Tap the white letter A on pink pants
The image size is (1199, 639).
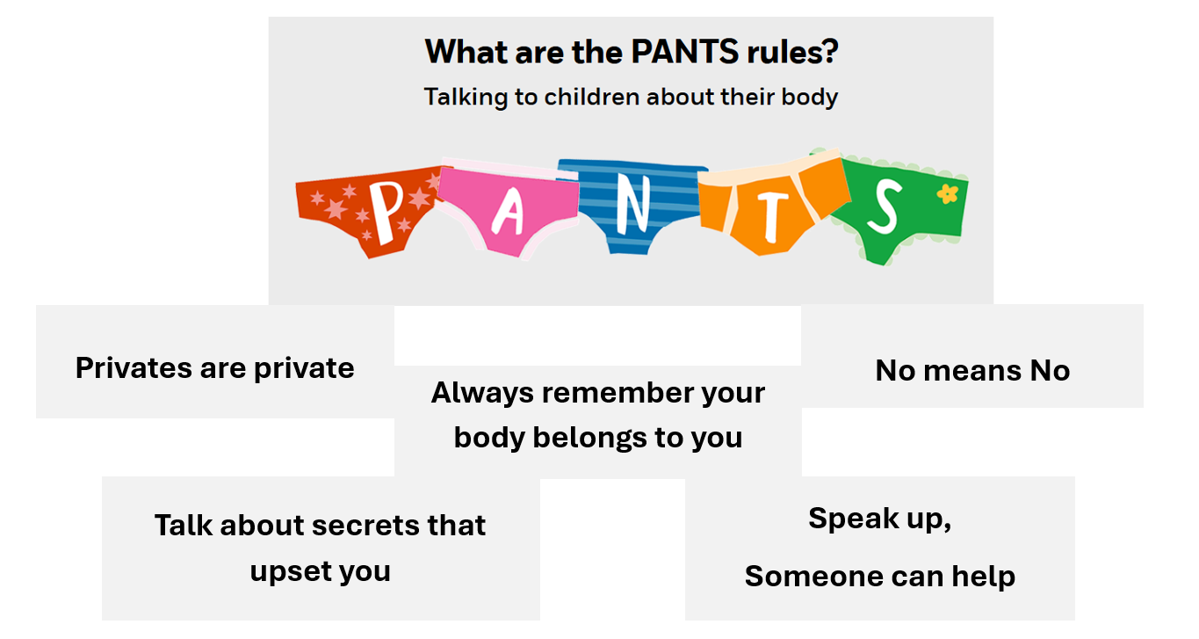(x=507, y=211)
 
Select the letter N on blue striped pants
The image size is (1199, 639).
(x=631, y=205)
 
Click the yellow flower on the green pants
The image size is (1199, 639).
(x=947, y=193)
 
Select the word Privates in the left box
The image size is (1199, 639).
(x=134, y=367)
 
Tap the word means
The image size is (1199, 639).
(x=973, y=371)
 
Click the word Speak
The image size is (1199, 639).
(x=851, y=519)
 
